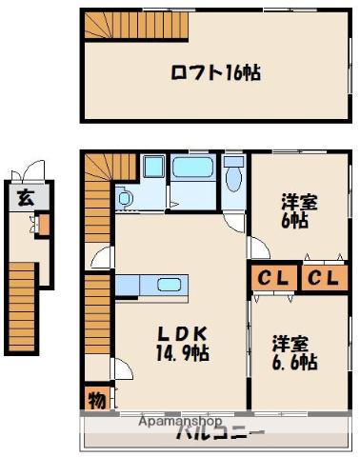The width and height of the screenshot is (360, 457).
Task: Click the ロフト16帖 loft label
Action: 216,71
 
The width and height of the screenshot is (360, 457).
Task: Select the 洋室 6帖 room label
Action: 294,210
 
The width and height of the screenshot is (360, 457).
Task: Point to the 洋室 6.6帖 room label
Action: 294,352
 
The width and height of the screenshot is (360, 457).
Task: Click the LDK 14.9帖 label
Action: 183,344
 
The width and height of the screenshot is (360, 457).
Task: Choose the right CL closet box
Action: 322,278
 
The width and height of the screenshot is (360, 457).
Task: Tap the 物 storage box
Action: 96,398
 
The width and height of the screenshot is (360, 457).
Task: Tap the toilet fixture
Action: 234,178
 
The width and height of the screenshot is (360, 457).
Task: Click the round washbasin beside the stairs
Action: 124,199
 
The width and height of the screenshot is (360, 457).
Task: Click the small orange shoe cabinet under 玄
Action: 42,227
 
